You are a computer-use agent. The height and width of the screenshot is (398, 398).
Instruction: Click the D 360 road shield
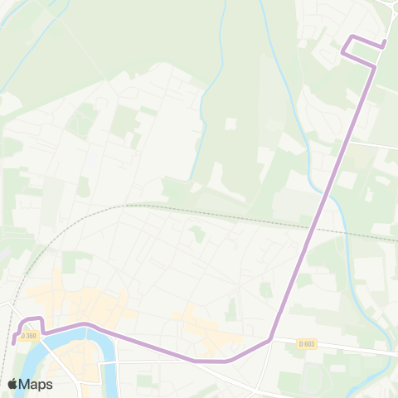[30, 336]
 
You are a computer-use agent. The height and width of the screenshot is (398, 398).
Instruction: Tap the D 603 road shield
[306, 343]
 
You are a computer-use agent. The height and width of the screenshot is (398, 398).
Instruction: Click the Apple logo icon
[12, 384]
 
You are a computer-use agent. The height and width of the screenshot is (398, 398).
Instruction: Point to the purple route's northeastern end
[385, 42]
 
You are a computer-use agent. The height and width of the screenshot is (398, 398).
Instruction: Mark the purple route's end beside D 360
[15, 342]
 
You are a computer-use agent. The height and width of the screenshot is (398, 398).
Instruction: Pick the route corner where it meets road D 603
[270, 338]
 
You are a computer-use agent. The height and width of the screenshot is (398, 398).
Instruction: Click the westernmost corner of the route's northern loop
[342, 52]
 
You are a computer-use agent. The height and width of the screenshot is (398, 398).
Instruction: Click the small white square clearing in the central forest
[230, 123]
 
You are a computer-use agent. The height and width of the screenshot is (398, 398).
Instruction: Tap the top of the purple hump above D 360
[32, 318]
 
